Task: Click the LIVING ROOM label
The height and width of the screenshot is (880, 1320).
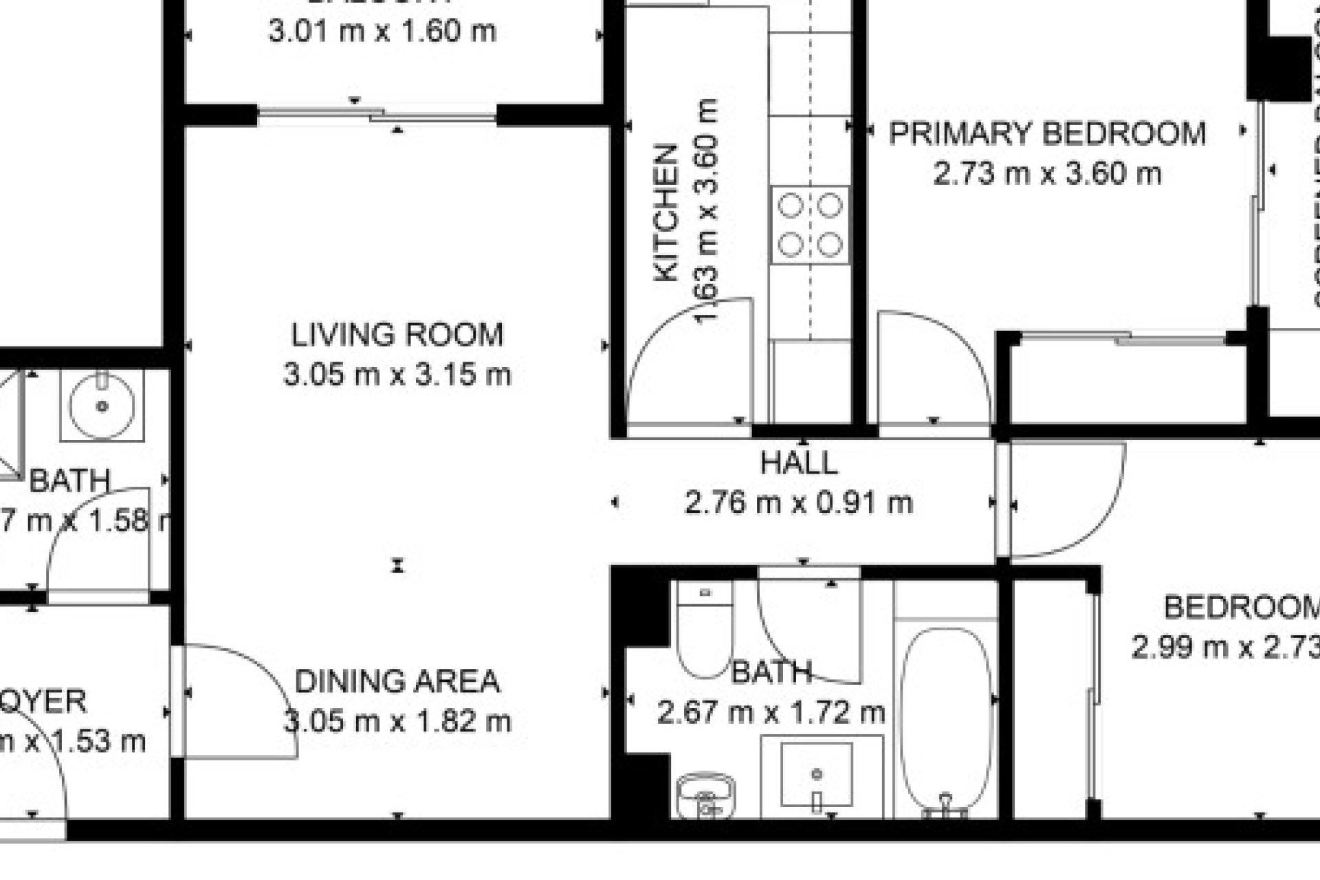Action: (397, 335)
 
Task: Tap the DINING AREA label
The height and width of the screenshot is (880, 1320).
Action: (397, 681)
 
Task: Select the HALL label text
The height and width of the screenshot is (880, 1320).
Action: (799, 463)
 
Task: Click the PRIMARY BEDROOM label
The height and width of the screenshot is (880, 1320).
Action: (1047, 133)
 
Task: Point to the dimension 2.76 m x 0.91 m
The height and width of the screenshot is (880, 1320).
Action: (799, 503)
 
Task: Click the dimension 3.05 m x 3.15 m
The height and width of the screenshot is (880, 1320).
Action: (397, 375)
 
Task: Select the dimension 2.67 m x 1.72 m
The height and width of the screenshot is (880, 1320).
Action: (771, 712)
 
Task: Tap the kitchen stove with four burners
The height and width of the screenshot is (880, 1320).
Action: (811, 225)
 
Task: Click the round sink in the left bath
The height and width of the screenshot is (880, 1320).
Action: (102, 405)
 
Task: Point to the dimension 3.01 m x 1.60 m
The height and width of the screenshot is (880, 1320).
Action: (382, 32)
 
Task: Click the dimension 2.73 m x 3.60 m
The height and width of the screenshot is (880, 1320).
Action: (1047, 173)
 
